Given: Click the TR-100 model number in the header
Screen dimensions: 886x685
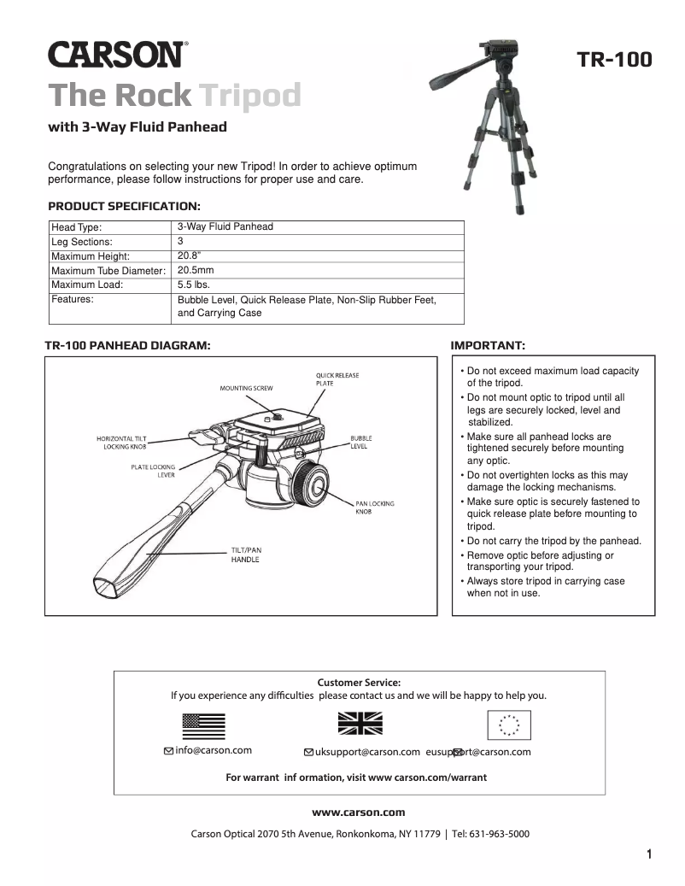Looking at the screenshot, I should (614, 60).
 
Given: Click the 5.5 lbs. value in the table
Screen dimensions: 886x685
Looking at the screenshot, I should (194, 285).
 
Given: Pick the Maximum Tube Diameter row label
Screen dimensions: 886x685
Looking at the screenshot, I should (108, 271).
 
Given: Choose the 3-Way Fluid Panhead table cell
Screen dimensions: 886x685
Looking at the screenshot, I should (225, 227).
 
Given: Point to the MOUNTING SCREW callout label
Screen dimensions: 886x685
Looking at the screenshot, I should (246, 389).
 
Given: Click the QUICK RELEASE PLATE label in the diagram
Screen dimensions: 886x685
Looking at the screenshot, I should (337, 379).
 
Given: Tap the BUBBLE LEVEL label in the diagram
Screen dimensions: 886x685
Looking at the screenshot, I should (360, 442).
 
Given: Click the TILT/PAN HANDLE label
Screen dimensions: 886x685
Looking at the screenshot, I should (246, 554).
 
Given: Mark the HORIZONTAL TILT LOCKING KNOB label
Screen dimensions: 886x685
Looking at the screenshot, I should (121, 443).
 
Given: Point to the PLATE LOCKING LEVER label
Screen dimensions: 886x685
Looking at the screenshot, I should (153, 471).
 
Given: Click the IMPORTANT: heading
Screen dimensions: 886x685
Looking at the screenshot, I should (488, 345).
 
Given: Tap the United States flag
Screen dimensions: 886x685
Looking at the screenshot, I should (203, 725).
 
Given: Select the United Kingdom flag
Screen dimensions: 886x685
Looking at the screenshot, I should (360, 725).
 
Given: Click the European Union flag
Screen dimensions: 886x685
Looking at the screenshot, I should (509, 725).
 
